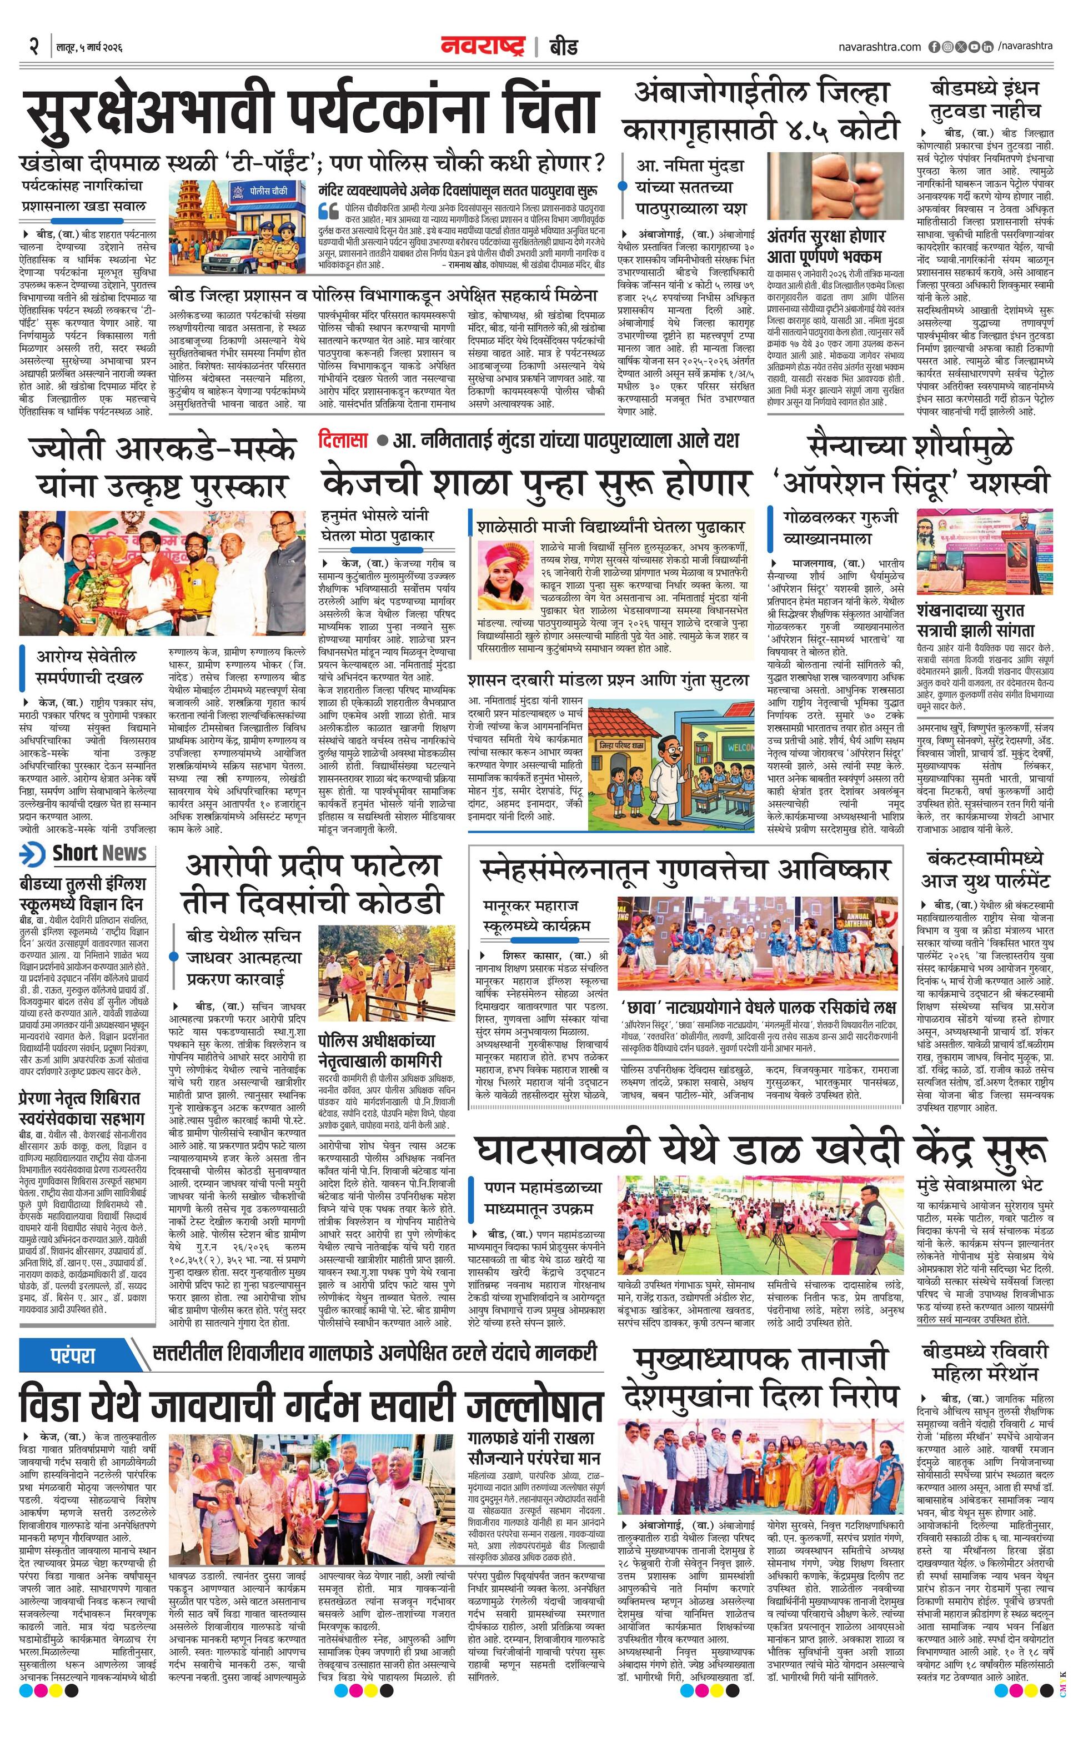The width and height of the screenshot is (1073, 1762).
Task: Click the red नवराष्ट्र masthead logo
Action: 483,47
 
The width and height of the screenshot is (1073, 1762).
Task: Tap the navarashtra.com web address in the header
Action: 879,47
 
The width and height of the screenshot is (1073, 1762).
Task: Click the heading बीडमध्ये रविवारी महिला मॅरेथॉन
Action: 985,1361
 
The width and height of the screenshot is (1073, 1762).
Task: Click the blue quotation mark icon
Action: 328,212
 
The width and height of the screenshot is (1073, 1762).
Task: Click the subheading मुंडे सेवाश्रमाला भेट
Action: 979,1185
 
